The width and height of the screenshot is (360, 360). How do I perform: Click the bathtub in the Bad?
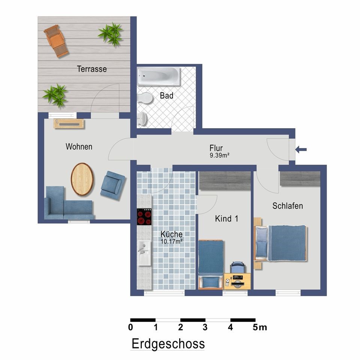click(159, 76)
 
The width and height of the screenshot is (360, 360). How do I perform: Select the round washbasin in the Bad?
click(142, 119)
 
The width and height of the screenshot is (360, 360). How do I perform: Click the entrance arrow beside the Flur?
click(301, 150)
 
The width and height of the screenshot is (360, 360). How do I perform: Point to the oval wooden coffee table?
click(82, 179)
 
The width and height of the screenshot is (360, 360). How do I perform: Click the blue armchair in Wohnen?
click(113, 185)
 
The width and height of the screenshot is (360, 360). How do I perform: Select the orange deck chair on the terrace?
click(56, 41)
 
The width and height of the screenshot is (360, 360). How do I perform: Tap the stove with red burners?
click(144, 217)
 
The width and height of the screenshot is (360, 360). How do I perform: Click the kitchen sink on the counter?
click(144, 252)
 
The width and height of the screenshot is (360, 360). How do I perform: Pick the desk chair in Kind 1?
click(238, 267)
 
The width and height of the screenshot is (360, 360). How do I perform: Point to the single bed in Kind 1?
click(211, 264)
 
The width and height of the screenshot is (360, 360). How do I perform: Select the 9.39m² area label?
click(219, 155)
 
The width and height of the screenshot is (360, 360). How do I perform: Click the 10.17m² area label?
click(171, 241)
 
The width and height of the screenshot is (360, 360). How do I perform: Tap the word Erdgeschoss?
click(168, 344)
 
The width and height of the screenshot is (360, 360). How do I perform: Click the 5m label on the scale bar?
click(260, 327)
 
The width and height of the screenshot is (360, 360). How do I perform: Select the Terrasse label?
click(92, 69)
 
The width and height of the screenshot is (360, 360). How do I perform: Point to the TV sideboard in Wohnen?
click(69, 124)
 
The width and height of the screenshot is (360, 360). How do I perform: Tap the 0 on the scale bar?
click(130, 327)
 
